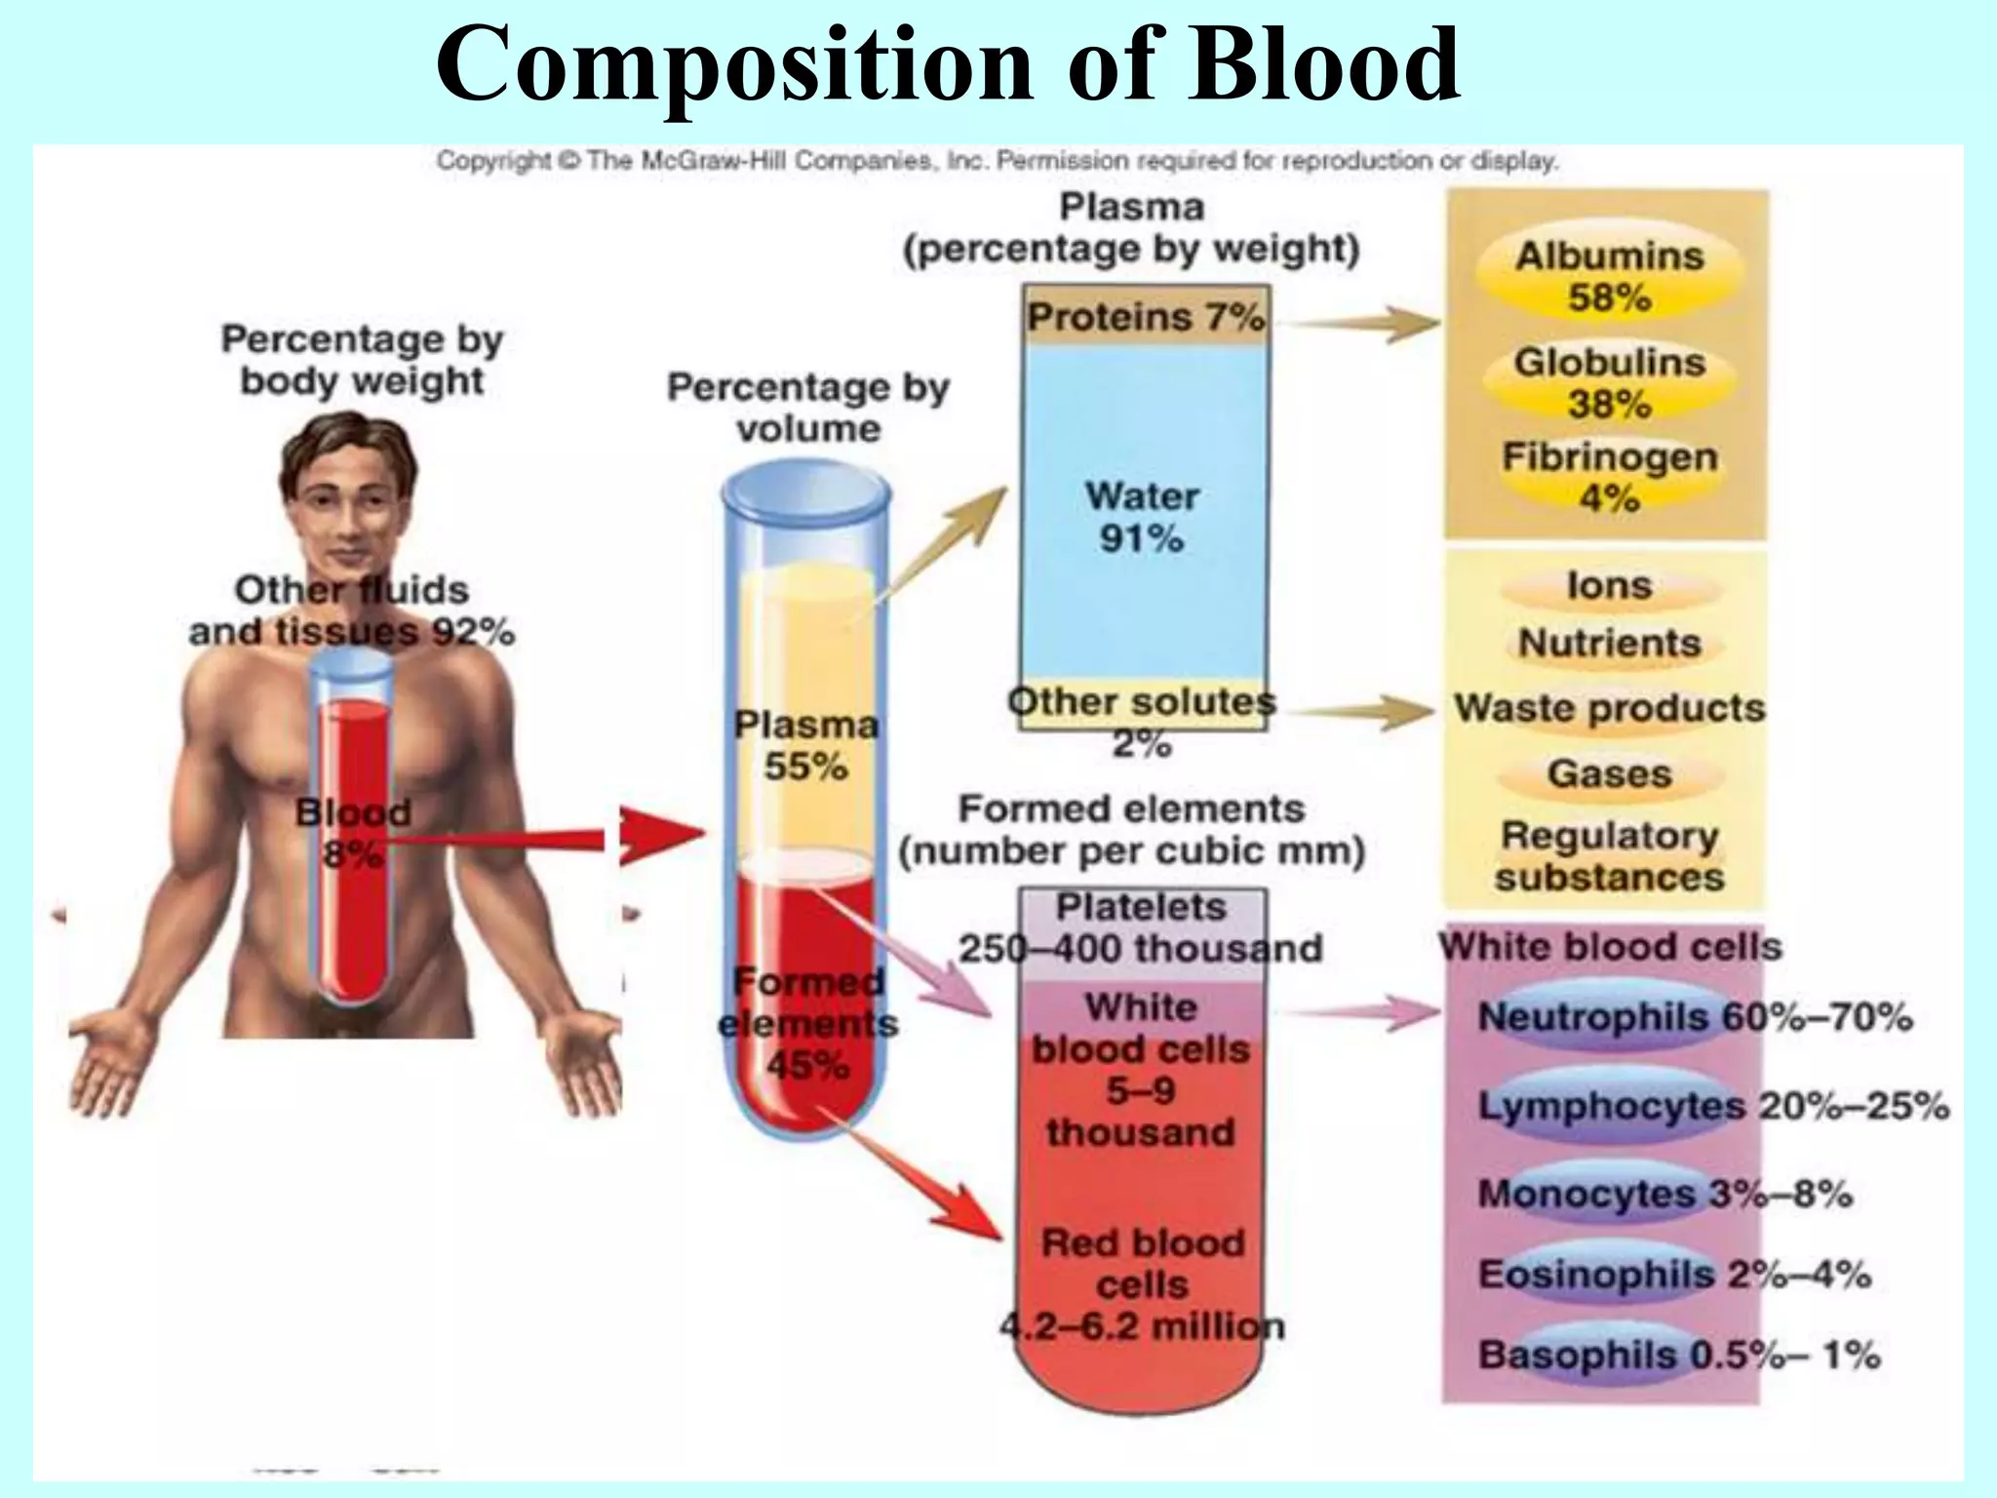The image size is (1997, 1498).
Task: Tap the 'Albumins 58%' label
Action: point(1609,276)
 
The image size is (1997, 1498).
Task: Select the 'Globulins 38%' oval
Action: point(1609,382)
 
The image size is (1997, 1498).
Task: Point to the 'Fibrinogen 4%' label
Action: point(1609,477)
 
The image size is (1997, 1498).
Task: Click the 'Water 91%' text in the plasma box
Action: point(1142,517)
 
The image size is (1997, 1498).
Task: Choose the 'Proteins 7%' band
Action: point(1145,317)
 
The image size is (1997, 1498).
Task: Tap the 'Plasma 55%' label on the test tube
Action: point(806,745)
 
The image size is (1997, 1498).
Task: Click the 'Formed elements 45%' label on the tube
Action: point(807,1023)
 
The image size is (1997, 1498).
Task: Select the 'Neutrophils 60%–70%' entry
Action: point(1695,1017)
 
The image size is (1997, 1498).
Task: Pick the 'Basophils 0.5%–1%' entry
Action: point(1678,1355)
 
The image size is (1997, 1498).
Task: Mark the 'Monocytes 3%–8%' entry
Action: point(1664,1194)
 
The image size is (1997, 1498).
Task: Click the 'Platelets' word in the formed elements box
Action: point(1141,907)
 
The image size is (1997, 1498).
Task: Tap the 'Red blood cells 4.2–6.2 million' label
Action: point(1143,1284)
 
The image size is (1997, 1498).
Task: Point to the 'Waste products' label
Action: point(1609,708)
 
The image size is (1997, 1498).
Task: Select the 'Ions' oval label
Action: point(1609,586)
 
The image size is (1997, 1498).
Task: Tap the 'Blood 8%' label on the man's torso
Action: point(352,833)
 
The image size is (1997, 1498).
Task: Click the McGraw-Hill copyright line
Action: point(997,161)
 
